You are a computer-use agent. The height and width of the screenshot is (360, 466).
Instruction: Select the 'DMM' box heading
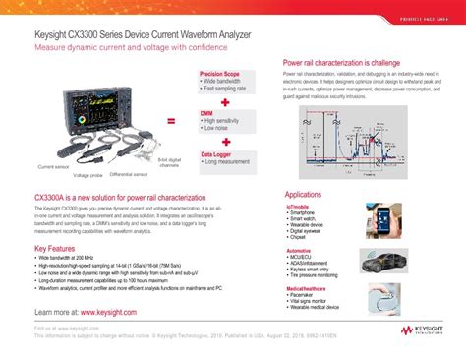pos(206,113)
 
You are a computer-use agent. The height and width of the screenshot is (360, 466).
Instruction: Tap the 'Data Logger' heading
pos(220,154)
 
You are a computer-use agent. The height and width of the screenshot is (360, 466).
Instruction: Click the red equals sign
pos(171,122)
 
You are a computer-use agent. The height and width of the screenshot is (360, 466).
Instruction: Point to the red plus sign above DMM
pos(226,102)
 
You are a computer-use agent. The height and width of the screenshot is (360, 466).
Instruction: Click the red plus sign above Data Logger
pos(226,142)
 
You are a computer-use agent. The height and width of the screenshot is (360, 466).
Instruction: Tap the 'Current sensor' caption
pos(53,167)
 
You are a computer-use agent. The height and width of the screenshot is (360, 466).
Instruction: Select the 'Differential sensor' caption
pos(128,173)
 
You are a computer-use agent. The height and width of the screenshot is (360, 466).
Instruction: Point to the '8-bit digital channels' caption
pos(170,163)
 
